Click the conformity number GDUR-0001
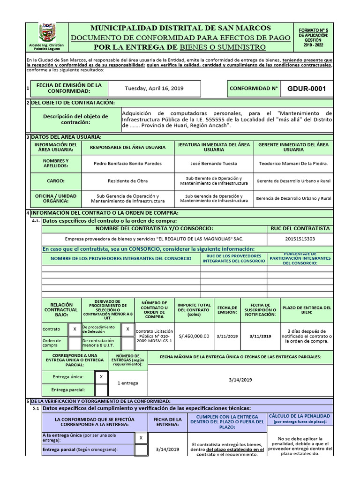[x=306, y=88]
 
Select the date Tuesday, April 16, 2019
[x=154, y=88]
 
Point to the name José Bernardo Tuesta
[x=214, y=164]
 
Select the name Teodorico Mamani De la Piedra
[x=293, y=164]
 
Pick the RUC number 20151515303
[x=300, y=239]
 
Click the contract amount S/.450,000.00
[x=194, y=336]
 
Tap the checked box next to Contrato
[x=75, y=330]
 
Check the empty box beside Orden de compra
[x=75, y=343]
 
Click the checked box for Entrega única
[x=101, y=377]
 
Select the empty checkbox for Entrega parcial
[x=101, y=390]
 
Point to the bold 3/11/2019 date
[x=260, y=336]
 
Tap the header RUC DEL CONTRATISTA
[x=300, y=228]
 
